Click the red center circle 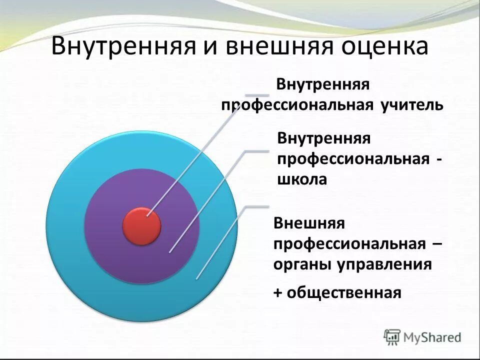pos(141,226)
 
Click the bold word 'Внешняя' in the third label pos(309,222)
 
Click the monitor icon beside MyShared pos(392,336)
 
